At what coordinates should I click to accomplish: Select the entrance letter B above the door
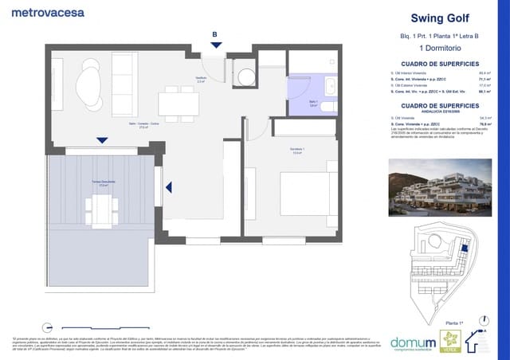pos(214,34)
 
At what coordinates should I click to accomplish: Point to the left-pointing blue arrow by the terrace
pos(168,187)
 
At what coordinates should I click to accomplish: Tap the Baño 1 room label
pos(313,103)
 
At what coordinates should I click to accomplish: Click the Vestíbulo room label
pos(202,79)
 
